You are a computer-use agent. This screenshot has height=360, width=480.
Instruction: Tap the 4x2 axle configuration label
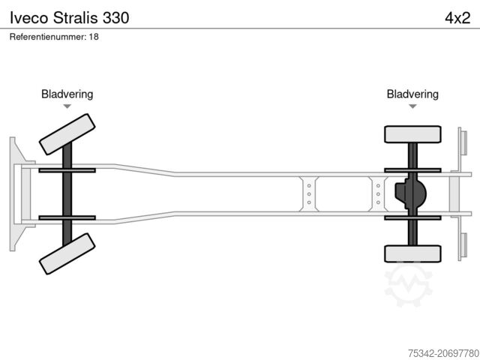click(457, 16)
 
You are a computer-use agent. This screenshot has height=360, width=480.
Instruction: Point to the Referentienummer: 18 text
click(55, 37)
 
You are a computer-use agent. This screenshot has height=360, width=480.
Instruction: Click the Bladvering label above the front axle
click(67, 94)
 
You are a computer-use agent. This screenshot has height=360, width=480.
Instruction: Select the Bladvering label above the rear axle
click(412, 94)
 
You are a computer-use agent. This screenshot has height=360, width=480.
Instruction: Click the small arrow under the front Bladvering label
click(67, 107)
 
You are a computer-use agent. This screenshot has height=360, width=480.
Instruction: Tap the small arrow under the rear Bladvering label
click(412, 107)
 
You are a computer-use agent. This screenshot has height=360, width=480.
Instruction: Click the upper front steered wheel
click(67, 133)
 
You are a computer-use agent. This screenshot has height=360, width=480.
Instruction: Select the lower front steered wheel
click(67, 253)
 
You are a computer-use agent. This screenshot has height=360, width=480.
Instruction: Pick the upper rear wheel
click(412, 134)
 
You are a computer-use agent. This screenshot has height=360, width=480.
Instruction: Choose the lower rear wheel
click(412, 253)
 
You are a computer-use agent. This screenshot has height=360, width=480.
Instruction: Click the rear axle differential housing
click(410, 193)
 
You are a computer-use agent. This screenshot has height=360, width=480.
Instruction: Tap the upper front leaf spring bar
click(67, 170)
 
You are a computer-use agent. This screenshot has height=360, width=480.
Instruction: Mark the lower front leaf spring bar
click(67, 217)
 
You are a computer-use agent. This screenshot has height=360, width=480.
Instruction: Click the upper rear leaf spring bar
click(412, 170)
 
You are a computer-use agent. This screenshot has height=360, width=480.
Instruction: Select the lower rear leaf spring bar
click(412, 217)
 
